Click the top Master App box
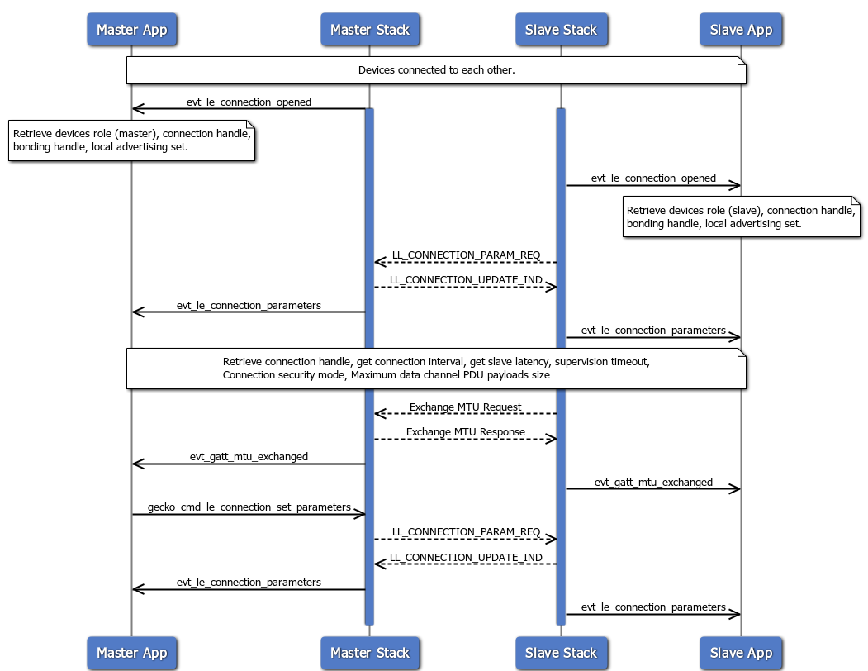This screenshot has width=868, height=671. (131, 30)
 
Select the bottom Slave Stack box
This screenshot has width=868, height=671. (561, 653)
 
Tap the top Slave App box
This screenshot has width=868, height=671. (741, 30)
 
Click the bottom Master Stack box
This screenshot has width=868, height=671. (369, 653)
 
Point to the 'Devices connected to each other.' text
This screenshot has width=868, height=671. (436, 70)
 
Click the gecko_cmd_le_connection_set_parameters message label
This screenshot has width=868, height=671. (249, 507)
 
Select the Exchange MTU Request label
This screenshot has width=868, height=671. (465, 407)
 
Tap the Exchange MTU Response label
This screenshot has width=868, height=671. (465, 431)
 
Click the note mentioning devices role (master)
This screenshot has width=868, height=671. (131, 140)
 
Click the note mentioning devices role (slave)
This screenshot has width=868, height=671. (741, 217)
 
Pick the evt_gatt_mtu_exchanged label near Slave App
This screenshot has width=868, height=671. (652, 482)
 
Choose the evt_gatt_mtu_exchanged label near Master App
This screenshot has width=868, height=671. (249, 456)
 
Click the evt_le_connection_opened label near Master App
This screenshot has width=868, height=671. (249, 102)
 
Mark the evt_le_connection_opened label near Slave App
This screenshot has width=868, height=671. (652, 178)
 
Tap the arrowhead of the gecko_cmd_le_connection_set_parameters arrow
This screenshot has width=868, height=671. (360, 515)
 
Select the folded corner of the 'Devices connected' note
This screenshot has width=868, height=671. (741, 62)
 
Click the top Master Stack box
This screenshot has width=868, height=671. (369, 30)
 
